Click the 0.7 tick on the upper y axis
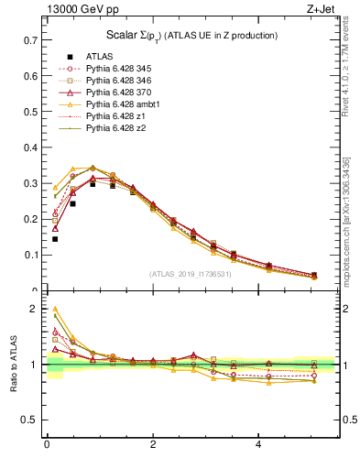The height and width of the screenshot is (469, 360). tap(31, 41)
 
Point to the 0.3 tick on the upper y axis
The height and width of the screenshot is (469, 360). tap(31, 183)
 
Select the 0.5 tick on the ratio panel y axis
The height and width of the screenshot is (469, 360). tap(31, 420)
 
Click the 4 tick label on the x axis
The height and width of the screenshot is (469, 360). tap(259, 445)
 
